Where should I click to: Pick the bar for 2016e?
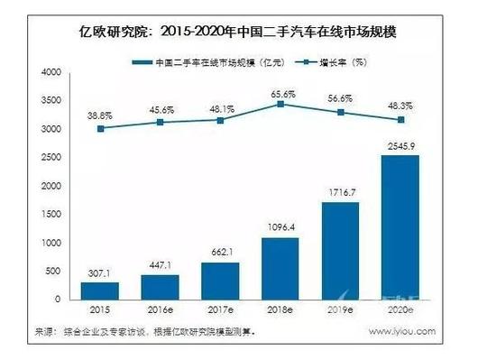point(160,287)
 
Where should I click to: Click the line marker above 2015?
point(100,128)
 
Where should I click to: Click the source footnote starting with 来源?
point(149,331)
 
